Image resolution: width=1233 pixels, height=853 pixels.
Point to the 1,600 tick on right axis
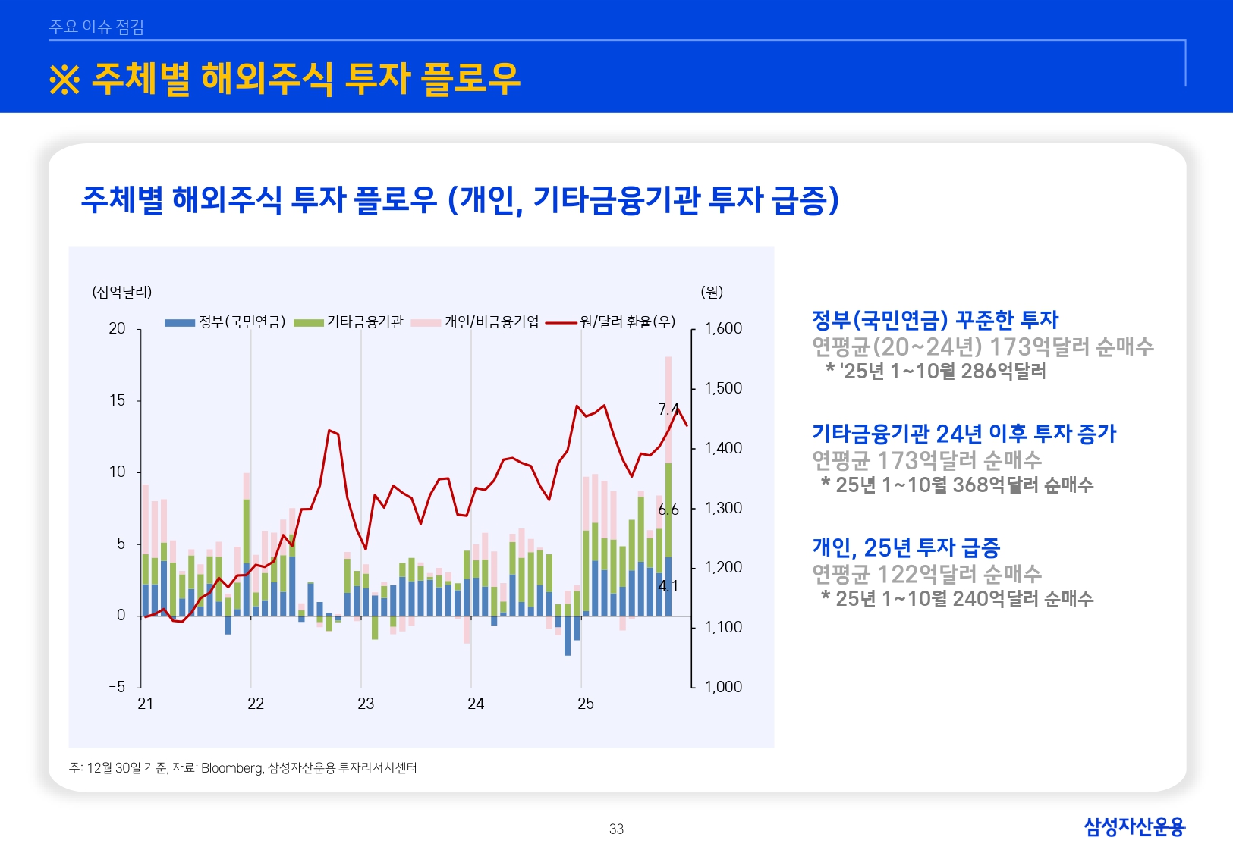(x=723, y=328)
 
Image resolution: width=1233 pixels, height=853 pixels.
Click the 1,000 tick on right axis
(x=723, y=687)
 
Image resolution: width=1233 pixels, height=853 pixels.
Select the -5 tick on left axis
(x=117, y=687)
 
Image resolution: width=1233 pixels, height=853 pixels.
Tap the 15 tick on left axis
(x=117, y=400)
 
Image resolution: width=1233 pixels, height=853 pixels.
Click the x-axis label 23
(x=366, y=704)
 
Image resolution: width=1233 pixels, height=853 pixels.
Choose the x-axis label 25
(x=586, y=704)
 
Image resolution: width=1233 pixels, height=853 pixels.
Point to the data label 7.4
(x=668, y=410)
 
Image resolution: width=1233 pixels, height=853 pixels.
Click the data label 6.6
(x=668, y=510)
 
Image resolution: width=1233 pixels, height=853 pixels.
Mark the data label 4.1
(x=668, y=586)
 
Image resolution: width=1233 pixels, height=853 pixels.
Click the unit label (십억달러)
(x=122, y=292)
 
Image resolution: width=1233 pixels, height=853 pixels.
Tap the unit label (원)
(x=712, y=292)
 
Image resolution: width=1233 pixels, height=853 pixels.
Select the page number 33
(x=616, y=829)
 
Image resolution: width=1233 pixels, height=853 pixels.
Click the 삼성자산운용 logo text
(x=1134, y=826)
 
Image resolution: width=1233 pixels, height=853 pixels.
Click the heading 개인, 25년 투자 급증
(x=906, y=547)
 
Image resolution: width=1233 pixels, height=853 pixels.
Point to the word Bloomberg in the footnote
(x=231, y=768)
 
